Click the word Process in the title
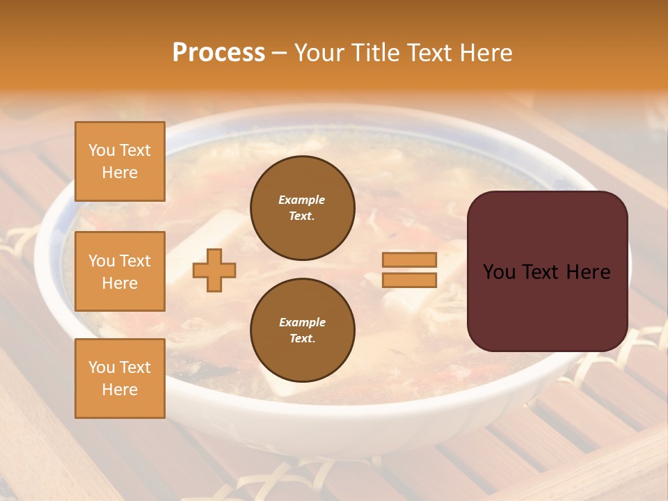218,52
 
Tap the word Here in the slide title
485,52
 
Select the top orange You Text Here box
120,161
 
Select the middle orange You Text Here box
120,271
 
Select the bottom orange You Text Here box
120,379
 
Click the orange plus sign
214,270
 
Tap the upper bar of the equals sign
409,260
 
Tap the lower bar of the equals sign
409,280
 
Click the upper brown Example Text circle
303,208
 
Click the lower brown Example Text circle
303,331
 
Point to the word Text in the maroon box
543,272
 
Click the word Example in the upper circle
302,200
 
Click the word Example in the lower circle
302,322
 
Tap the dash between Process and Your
279,53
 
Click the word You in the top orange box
101,150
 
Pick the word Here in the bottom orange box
120,390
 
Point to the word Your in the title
319,52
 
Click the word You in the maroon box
500,272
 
